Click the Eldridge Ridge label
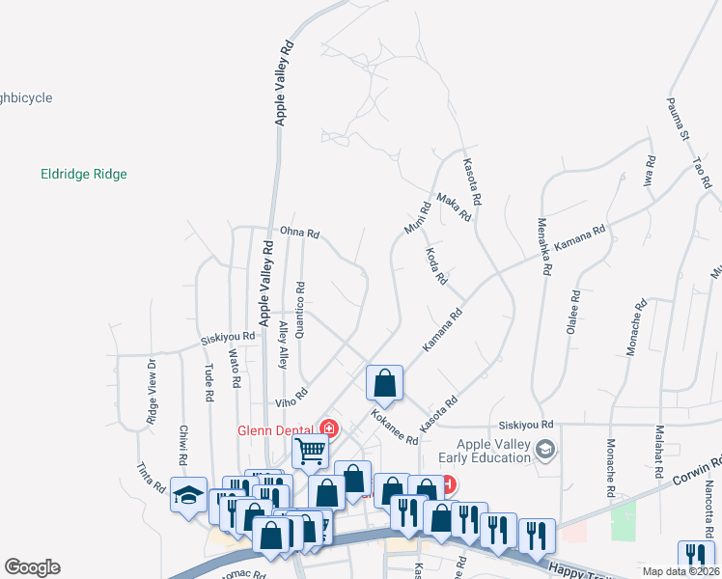pyautogui.click(x=84, y=175)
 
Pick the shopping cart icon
pyautogui.click(x=311, y=450)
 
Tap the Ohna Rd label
pyautogui.click(x=299, y=233)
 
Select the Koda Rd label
pyautogui.click(x=436, y=264)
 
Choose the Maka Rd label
pyautogui.click(x=453, y=207)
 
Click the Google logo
pyautogui.click(x=32, y=567)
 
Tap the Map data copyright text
pyautogui.click(x=680, y=571)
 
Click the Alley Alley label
pyautogui.click(x=283, y=345)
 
